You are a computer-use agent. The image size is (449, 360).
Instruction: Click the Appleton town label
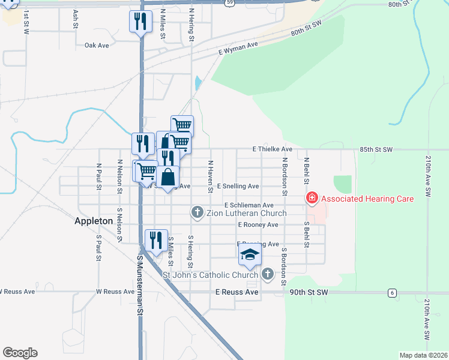coord(94,221)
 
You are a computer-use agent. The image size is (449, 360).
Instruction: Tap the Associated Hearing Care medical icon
coord(312,198)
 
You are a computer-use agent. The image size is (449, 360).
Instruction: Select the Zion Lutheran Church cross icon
coord(197,212)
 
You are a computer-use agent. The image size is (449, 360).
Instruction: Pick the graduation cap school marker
coord(250,256)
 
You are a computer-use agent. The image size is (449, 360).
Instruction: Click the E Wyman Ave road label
coord(238,48)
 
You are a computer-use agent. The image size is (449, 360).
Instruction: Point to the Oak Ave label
coord(96,45)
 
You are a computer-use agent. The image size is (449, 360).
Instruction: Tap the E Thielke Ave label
coord(272,149)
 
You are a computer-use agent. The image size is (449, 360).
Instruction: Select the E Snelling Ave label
coord(238,186)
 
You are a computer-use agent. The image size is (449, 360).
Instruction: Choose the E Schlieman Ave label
coord(249,205)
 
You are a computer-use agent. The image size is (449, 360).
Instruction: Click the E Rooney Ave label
coord(258,224)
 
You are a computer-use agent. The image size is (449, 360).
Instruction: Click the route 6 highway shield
coord(392,292)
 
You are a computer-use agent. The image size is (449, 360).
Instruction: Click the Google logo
coord(20,353)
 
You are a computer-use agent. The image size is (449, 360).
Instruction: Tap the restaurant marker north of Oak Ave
coord(141,22)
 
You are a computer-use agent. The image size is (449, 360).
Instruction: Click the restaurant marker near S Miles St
coord(156,241)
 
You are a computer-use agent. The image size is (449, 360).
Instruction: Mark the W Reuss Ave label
coord(115,292)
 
